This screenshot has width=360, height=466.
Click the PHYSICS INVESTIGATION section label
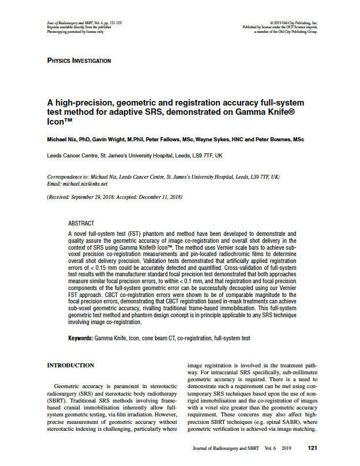tap(79, 61)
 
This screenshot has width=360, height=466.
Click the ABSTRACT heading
tap(80, 223)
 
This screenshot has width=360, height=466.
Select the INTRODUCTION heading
tap(70, 365)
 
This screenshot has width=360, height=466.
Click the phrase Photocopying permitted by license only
tap(75, 32)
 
